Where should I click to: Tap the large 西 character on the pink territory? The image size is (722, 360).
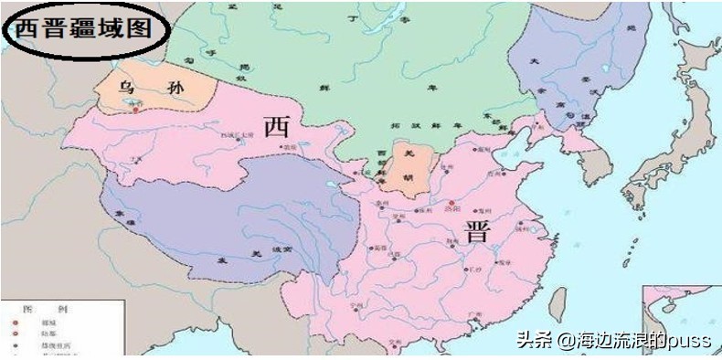point(276,127)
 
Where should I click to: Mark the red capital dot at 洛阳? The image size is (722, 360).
point(451,203)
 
